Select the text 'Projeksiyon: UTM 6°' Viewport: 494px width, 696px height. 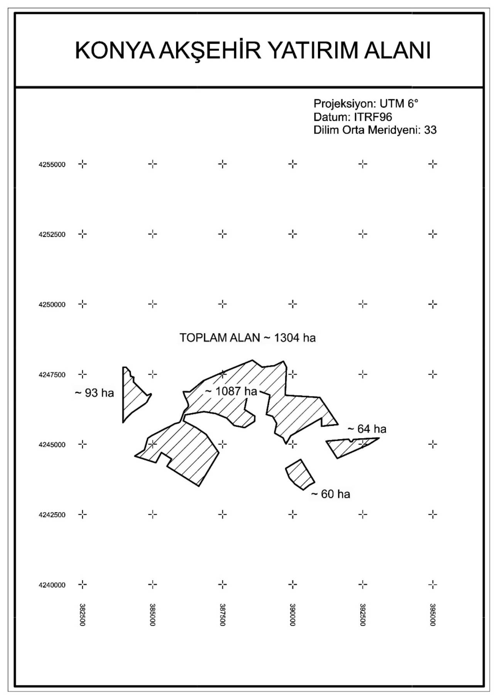365,103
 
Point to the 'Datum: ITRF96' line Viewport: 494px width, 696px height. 352,117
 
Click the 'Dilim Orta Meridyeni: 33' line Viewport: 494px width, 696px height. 375,130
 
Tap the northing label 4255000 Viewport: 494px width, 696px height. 52,164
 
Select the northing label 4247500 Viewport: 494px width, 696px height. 52,374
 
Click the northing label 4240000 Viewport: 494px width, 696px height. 52,585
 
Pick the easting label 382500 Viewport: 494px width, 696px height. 82,615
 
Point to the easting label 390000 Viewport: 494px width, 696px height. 293,615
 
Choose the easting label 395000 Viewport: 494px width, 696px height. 433,615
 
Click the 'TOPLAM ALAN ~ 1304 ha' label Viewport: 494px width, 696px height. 247,338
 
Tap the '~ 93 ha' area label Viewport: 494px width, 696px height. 94,393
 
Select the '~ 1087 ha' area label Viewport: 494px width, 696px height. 231,391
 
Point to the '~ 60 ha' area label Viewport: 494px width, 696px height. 331,494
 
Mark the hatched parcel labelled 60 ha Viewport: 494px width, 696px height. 300,474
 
